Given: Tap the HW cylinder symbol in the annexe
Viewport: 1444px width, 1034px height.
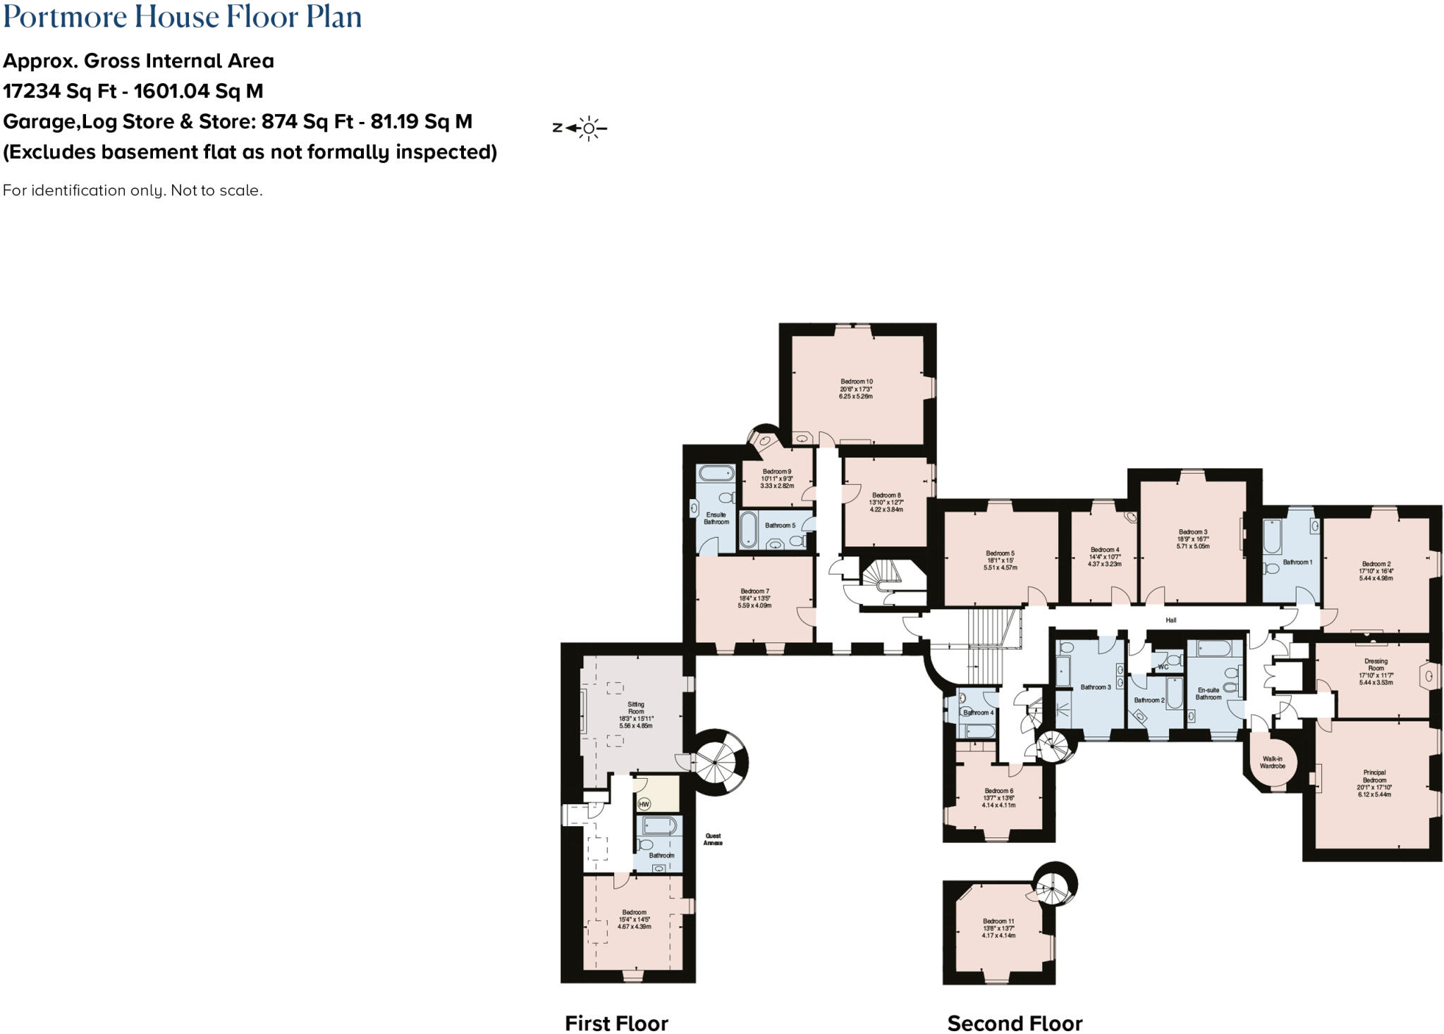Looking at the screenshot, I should [643, 804].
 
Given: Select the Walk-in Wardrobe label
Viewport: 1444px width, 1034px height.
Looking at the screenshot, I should [1273, 762].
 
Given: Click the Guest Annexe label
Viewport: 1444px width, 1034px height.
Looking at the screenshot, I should [713, 839].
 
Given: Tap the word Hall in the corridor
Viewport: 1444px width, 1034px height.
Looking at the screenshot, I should [1171, 620].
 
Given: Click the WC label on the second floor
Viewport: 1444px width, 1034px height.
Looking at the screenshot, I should [1163, 667].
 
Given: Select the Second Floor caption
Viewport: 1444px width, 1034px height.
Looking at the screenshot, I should [1015, 1023].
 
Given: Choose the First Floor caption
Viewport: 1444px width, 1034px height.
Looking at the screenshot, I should [616, 1023].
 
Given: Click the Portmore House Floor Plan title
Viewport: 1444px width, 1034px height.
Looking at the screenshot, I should [183, 17].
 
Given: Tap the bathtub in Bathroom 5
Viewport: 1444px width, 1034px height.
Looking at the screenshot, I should [748, 529].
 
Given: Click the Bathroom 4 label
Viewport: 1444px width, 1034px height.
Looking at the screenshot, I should [978, 713].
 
